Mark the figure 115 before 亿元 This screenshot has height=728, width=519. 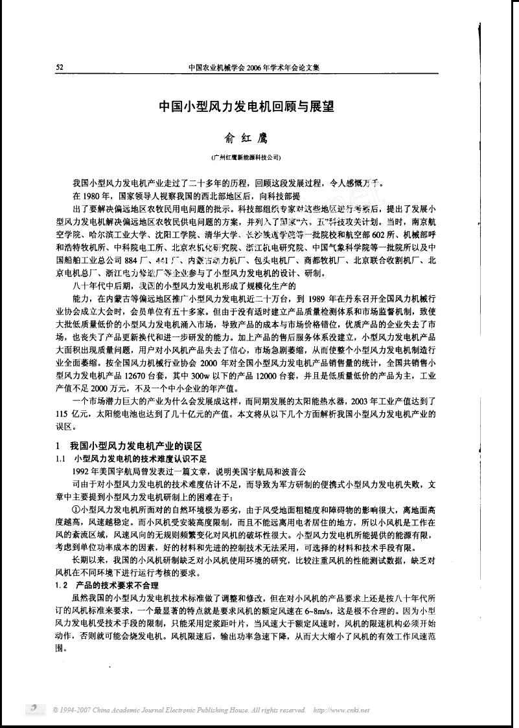pos(62,414)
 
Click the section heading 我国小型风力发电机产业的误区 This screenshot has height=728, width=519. pos(136,447)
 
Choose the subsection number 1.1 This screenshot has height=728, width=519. pos(60,458)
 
